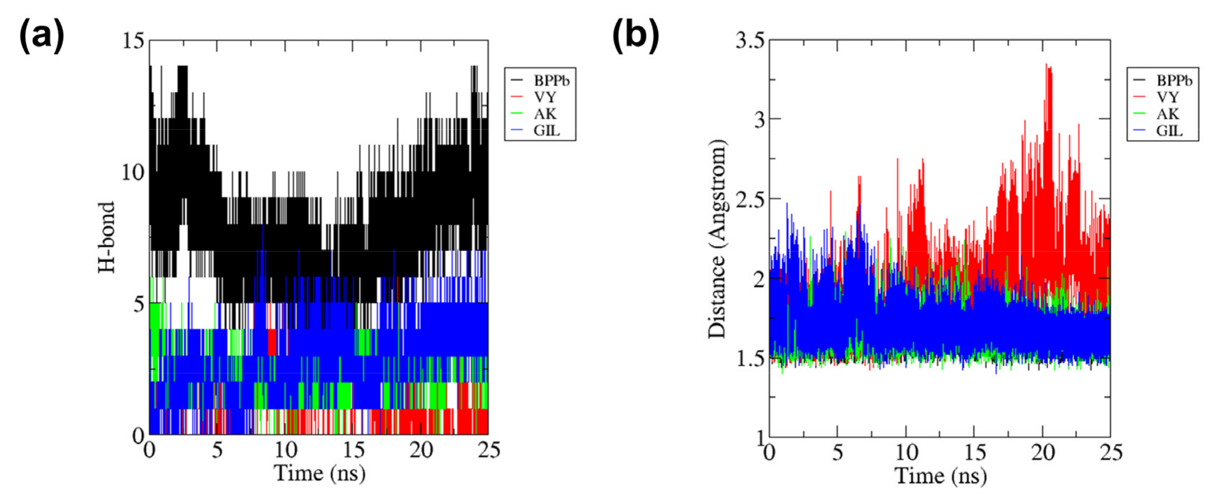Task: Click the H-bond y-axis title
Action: point(107,237)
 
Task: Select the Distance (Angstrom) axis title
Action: point(717,239)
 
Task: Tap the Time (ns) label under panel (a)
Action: point(319,473)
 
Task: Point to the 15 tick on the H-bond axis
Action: point(133,41)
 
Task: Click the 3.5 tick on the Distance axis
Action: point(750,41)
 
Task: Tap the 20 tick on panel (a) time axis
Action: point(421,450)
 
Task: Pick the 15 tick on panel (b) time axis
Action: point(975,453)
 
